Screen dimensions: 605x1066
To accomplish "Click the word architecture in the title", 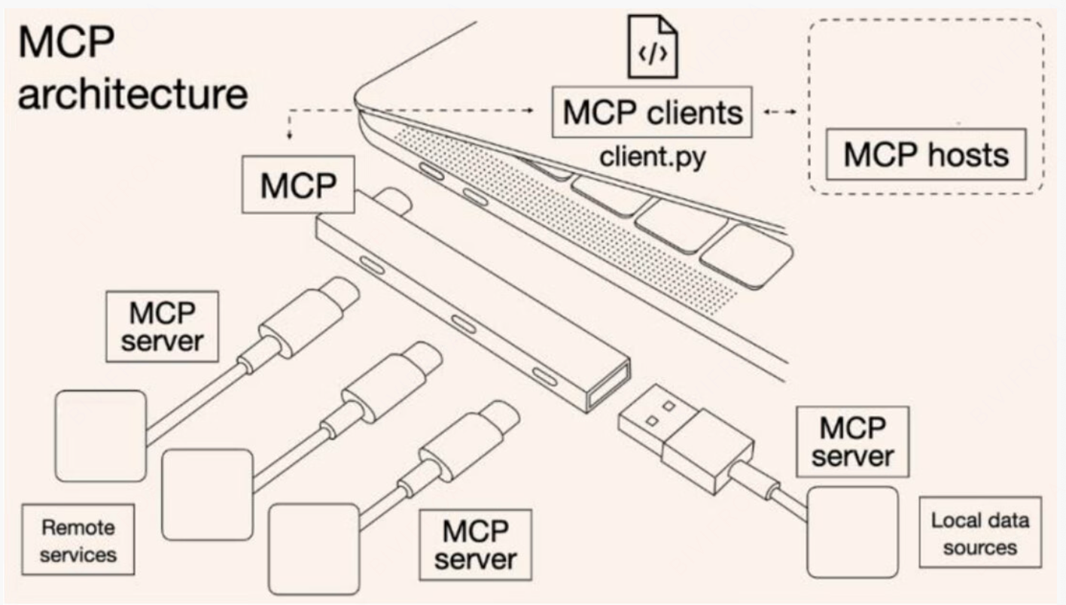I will tap(132, 96).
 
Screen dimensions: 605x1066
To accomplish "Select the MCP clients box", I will tap(652, 113).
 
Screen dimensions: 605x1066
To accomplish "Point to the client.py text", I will tap(652, 157).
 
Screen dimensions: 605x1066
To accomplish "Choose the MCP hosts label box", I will tap(925, 154).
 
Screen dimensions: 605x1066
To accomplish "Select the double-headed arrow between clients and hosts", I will tap(780, 113).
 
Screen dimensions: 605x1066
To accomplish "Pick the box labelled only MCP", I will tap(298, 184).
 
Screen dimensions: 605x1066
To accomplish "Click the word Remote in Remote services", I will tap(78, 527).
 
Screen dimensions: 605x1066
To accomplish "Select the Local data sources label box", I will tap(979, 533).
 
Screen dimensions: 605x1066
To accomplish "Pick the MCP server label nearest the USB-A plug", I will tap(852, 442).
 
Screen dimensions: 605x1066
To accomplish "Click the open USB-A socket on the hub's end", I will tap(608, 385).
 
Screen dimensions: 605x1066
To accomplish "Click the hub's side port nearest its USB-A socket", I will tap(544, 376).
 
